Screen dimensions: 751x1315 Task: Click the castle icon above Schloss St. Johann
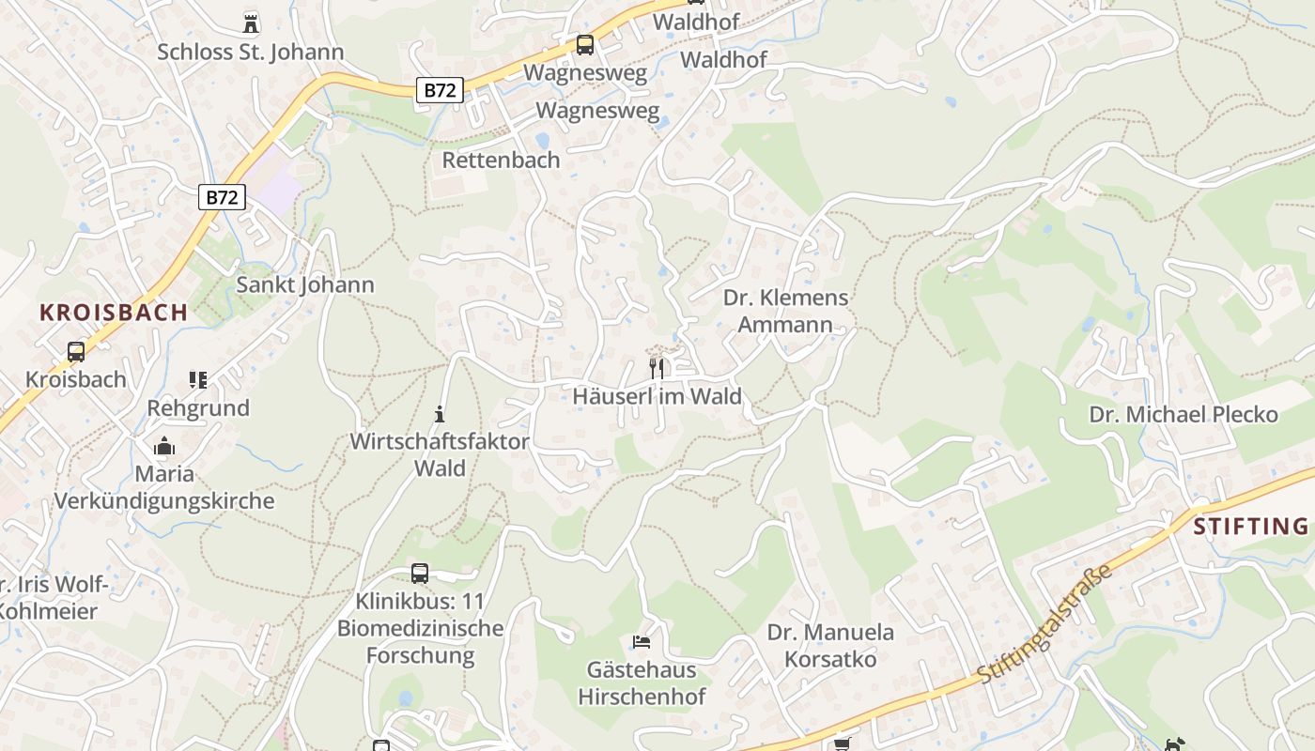point(251,23)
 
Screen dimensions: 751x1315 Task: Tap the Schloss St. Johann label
point(251,52)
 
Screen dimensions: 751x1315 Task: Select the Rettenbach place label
point(501,160)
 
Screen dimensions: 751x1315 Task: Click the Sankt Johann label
point(305,284)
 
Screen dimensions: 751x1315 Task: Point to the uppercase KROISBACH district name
point(114,313)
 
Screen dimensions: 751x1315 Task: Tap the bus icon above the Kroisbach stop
point(76,352)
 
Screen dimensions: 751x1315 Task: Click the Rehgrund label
point(198,408)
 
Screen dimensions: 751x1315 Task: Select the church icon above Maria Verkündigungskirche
point(164,446)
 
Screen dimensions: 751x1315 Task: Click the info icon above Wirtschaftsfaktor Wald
point(439,414)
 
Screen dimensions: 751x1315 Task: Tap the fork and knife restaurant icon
point(657,368)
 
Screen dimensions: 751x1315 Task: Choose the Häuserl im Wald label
point(657,396)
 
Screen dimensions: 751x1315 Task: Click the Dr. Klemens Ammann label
point(785,312)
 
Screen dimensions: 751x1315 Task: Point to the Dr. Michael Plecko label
point(1183,414)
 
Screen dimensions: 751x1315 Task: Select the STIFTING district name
point(1251,526)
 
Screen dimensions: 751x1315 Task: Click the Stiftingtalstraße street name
point(1044,623)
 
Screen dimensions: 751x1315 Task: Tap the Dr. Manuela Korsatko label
point(830,646)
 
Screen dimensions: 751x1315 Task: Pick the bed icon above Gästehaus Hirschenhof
point(642,643)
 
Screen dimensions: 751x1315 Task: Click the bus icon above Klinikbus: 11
point(420,573)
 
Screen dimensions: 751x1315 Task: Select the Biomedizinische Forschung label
point(420,642)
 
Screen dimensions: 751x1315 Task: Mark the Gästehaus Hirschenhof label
point(642,683)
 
